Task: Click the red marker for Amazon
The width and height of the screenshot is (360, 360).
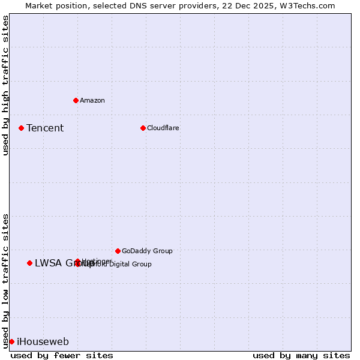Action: tap(76, 100)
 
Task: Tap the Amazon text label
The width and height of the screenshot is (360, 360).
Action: tap(92, 100)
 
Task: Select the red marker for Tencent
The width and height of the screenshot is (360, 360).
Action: tap(21, 128)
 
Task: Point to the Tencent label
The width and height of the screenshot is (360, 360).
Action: tap(45, 128)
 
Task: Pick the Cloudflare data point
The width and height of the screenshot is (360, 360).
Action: tap(143, 128)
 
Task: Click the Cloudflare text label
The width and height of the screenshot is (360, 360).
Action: tap(163, 128)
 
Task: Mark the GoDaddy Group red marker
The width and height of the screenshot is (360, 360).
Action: tap(118, 251)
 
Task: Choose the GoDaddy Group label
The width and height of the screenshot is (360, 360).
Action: tap(147, 251)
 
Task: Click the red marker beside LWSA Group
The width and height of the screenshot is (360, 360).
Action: tap(29, 263)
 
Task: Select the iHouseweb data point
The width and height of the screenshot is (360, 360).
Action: tap(11, 341)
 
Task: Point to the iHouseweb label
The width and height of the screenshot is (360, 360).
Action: tap(43, 342)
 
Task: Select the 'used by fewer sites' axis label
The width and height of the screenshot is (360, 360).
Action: tap(62, 355)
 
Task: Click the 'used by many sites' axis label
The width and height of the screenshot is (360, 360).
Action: tap(301, 355)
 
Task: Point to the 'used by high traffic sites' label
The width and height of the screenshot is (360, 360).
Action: tap(5, 85)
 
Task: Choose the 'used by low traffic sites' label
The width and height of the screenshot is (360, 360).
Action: tap(5, 280)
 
